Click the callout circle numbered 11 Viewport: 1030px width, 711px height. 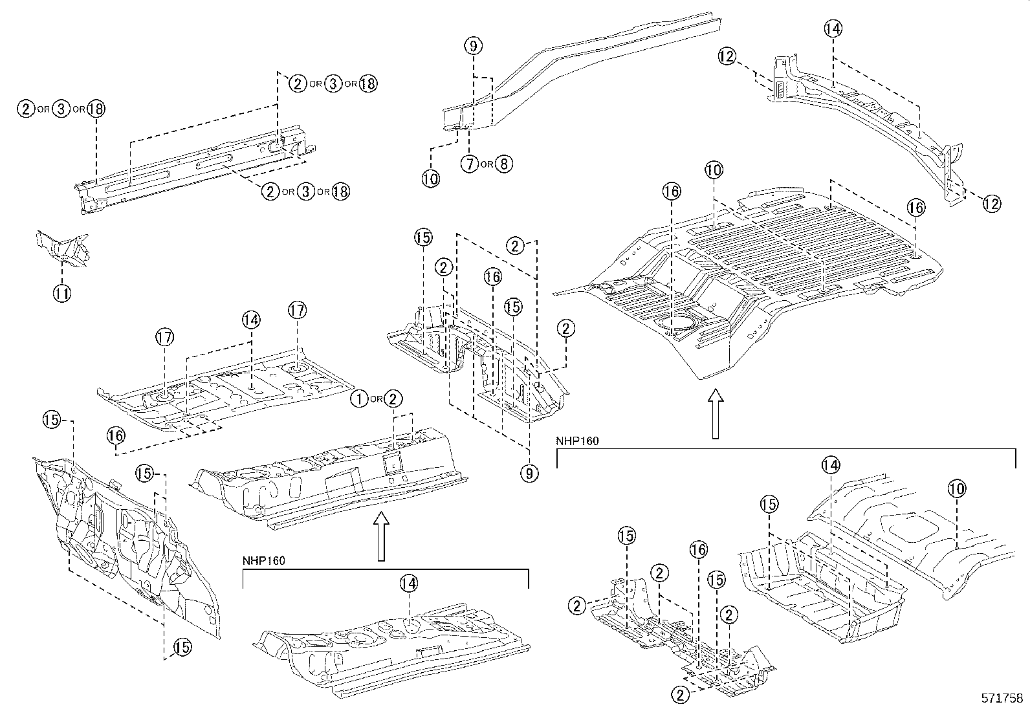[x=61, y=293]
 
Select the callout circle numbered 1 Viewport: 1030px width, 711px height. [x=359, y=399]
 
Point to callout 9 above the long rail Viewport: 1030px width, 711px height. [x=474, y=45]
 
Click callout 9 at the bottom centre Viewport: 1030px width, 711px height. [x=529, y=473]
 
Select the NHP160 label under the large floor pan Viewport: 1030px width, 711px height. [x=577, y=441]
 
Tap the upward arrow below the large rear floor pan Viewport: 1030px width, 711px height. [x=715, y=413]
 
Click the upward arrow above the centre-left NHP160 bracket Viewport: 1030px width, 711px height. [x=381, y=536]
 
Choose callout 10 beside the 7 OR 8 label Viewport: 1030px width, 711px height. [x=430, y=179]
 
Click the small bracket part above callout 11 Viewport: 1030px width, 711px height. [x=63, y=250]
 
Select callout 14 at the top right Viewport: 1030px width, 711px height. [x=833, y=28]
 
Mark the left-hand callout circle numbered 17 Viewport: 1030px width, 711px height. [x=165, y=337]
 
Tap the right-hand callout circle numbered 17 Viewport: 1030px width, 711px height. [x=297, y=311]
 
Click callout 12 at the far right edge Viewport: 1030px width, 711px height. [x=991, y=204]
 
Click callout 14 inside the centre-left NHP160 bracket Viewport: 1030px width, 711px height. [x=408, y=584]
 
